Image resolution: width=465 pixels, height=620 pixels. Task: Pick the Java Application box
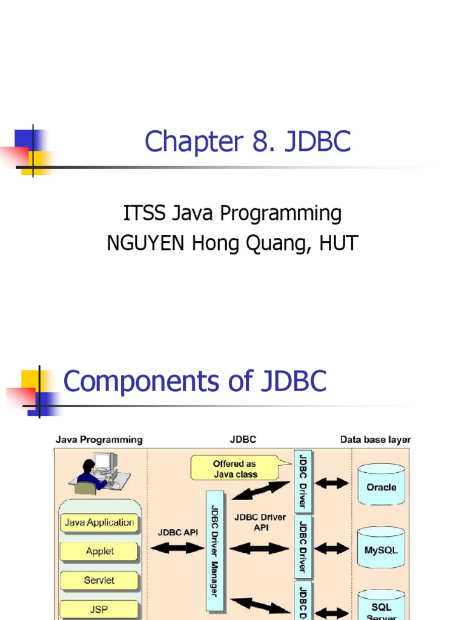tap(99, 523)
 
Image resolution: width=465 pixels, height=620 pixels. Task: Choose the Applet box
tap(99, 551)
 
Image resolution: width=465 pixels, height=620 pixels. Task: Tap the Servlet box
tap(99, 580)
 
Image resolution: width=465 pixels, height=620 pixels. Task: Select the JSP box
tap(99, 608)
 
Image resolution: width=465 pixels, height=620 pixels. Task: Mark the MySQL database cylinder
tap(381, 548)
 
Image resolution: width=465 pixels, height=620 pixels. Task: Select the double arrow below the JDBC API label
tap(177, 548)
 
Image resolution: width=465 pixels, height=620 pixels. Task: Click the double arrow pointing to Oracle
tap(332, 483)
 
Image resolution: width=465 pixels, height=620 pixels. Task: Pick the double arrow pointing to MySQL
tap(332, 548)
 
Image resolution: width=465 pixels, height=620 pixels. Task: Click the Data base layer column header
tap(375, 440)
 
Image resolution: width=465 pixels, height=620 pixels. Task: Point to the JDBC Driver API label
tap(261, 522)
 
